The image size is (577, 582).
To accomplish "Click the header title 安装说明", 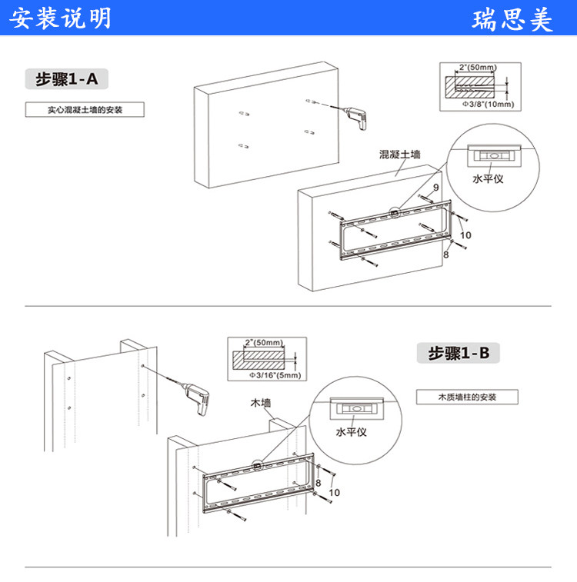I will click(x=60, y=18).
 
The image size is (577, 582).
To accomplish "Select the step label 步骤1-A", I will click(x=67, y=79).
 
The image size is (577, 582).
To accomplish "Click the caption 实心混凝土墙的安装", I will click(x=85, y=110).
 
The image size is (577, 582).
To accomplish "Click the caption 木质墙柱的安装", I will click(x=467, y=397).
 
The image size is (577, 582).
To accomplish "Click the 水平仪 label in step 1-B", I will click(x=351, y=431).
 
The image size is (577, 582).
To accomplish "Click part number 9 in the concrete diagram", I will click(x=436, y=187).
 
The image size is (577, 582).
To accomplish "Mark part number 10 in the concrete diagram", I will click(x=465, y=235).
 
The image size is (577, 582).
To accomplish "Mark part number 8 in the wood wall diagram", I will click(x=318, y=482).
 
